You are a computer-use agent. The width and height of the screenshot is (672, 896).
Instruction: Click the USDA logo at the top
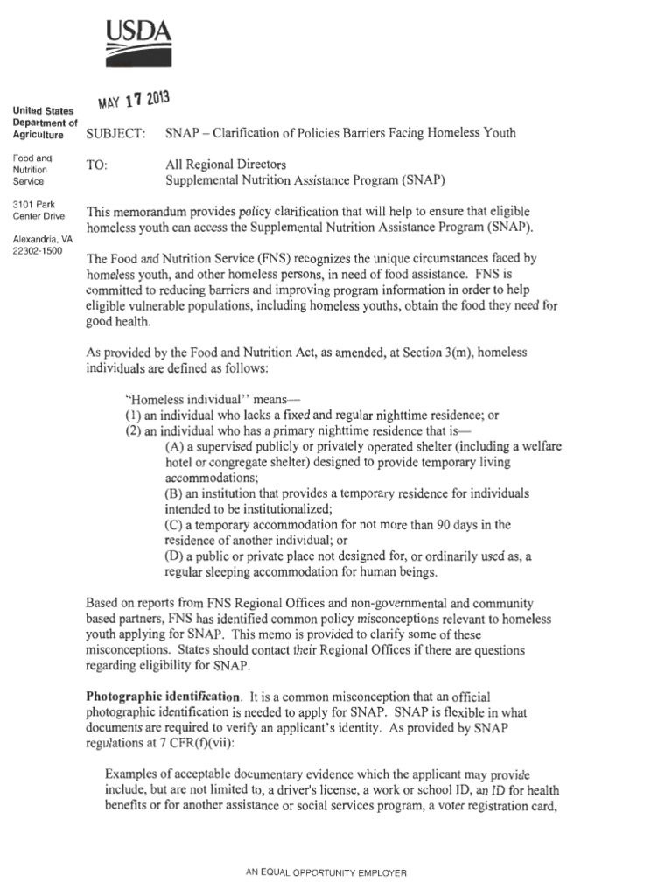tap(137, 46)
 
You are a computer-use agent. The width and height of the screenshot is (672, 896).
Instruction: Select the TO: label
tap(96, 164)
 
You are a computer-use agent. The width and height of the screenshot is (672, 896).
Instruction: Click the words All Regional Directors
tap(226, 164)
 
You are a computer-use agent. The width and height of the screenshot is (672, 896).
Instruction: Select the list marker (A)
tap(175, 447)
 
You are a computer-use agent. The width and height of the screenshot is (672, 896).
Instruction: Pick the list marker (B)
tap(175, 494)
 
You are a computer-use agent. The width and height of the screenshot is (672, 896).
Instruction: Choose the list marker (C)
tap(175, 525)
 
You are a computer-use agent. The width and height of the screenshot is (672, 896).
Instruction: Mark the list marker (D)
tap(175, 557)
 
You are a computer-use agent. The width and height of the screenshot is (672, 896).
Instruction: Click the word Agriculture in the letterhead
tap(38, 136)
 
